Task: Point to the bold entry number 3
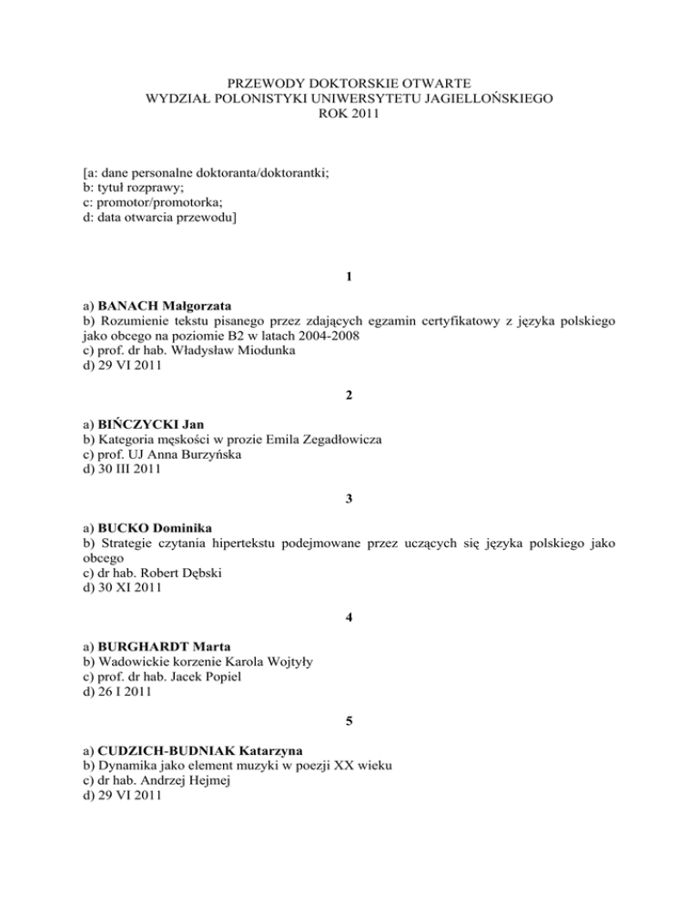349,499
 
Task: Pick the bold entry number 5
349,724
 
